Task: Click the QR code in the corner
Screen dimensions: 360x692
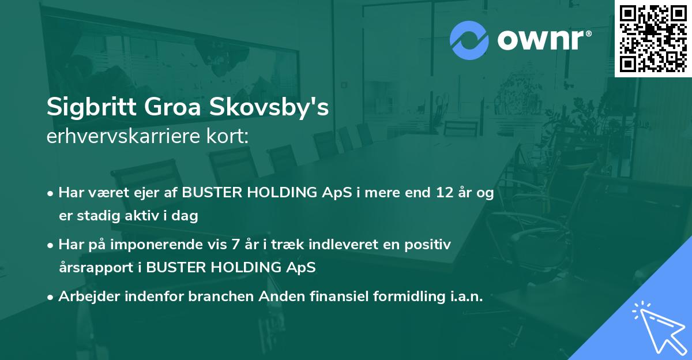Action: click(653, 38)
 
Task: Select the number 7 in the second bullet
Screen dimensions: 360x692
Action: click(235, 245)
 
